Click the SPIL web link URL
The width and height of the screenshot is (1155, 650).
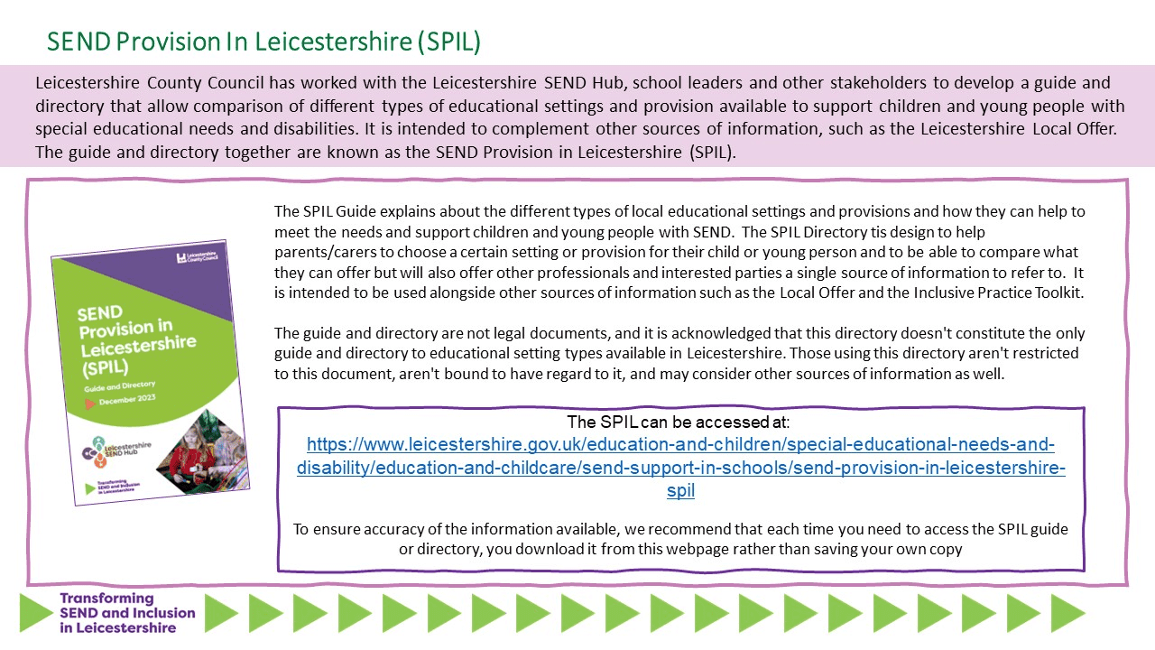coord(681,468)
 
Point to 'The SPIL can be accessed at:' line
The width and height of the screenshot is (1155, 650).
coord(679,422)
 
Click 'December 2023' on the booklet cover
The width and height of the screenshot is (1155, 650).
coord(129,400)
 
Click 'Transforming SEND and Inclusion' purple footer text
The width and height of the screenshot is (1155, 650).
coord(126,613)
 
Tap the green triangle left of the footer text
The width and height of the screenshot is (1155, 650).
coord(36,613)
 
